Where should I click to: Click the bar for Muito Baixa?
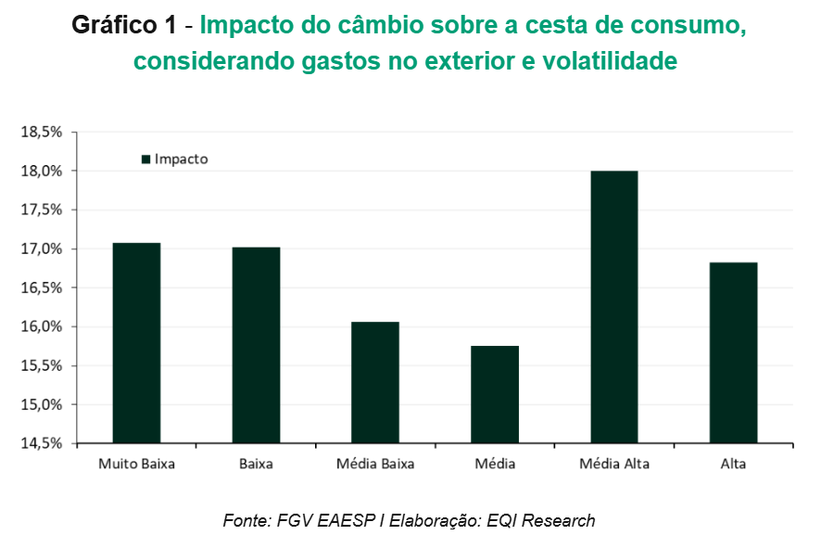[136, 343]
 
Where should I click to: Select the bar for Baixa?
[256, 345]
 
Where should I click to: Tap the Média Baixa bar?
[375, 382]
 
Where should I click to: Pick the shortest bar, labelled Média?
[495, 394]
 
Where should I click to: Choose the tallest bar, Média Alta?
[613, 307]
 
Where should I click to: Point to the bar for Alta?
[733, 352]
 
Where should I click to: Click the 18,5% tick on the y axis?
[42, 133]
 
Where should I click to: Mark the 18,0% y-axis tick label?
[42, 172]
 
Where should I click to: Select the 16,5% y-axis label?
[42, 288]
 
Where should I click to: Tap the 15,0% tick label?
[42, 405]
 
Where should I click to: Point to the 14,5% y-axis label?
[42, 444]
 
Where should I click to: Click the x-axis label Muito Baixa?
[136, 464]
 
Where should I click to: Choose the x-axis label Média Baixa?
[375, 464]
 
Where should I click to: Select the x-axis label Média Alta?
[613, 464]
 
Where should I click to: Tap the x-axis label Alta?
[733, 464]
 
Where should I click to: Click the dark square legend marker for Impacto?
[145, 159]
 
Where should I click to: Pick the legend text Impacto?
[182, 159]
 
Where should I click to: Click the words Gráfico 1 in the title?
[123, 27]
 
